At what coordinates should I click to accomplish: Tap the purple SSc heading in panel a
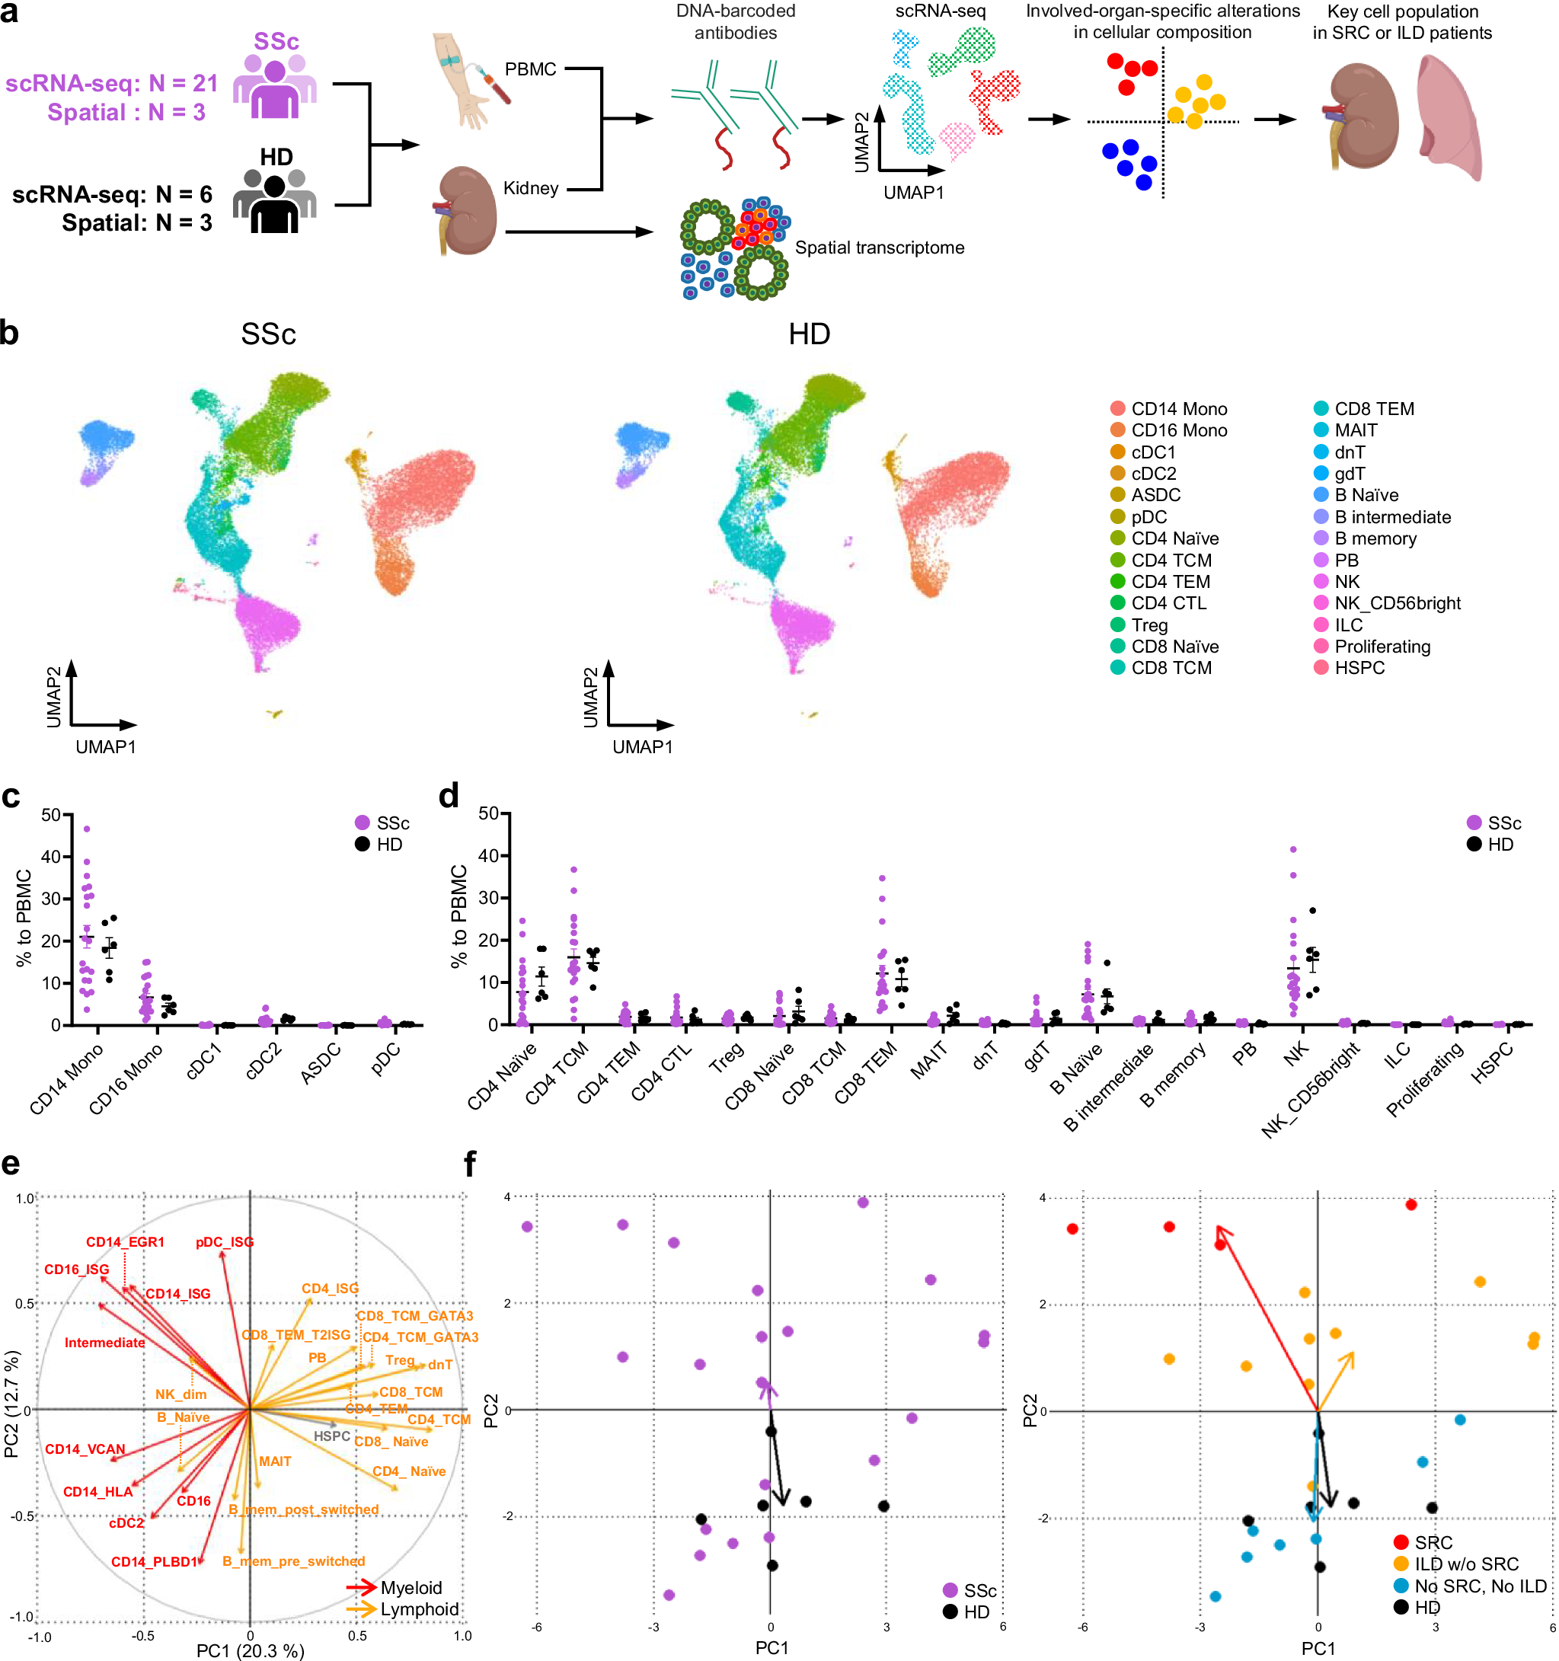276,41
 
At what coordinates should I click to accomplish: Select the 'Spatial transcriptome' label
879,248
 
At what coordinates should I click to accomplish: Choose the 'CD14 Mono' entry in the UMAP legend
1178,408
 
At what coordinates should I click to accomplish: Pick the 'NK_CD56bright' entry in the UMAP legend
1397,603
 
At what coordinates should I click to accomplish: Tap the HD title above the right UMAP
809,334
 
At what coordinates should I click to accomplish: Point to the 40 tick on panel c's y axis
50,857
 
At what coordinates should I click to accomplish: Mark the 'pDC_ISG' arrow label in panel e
225,1242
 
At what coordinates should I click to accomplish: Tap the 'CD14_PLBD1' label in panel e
155,1561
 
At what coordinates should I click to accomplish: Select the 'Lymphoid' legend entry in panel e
420,1609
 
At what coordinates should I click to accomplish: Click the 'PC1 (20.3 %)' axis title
250,1650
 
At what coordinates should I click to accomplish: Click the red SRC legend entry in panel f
1433,1542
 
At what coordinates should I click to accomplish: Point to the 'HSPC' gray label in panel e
332,1436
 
